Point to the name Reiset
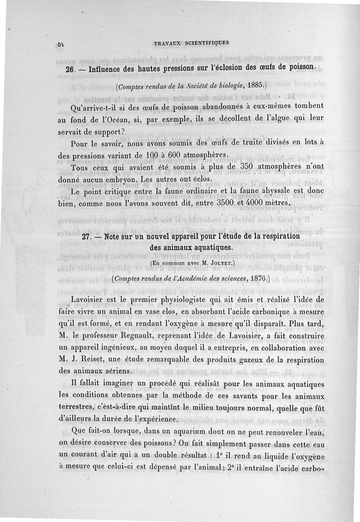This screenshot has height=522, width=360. point(100,360)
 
